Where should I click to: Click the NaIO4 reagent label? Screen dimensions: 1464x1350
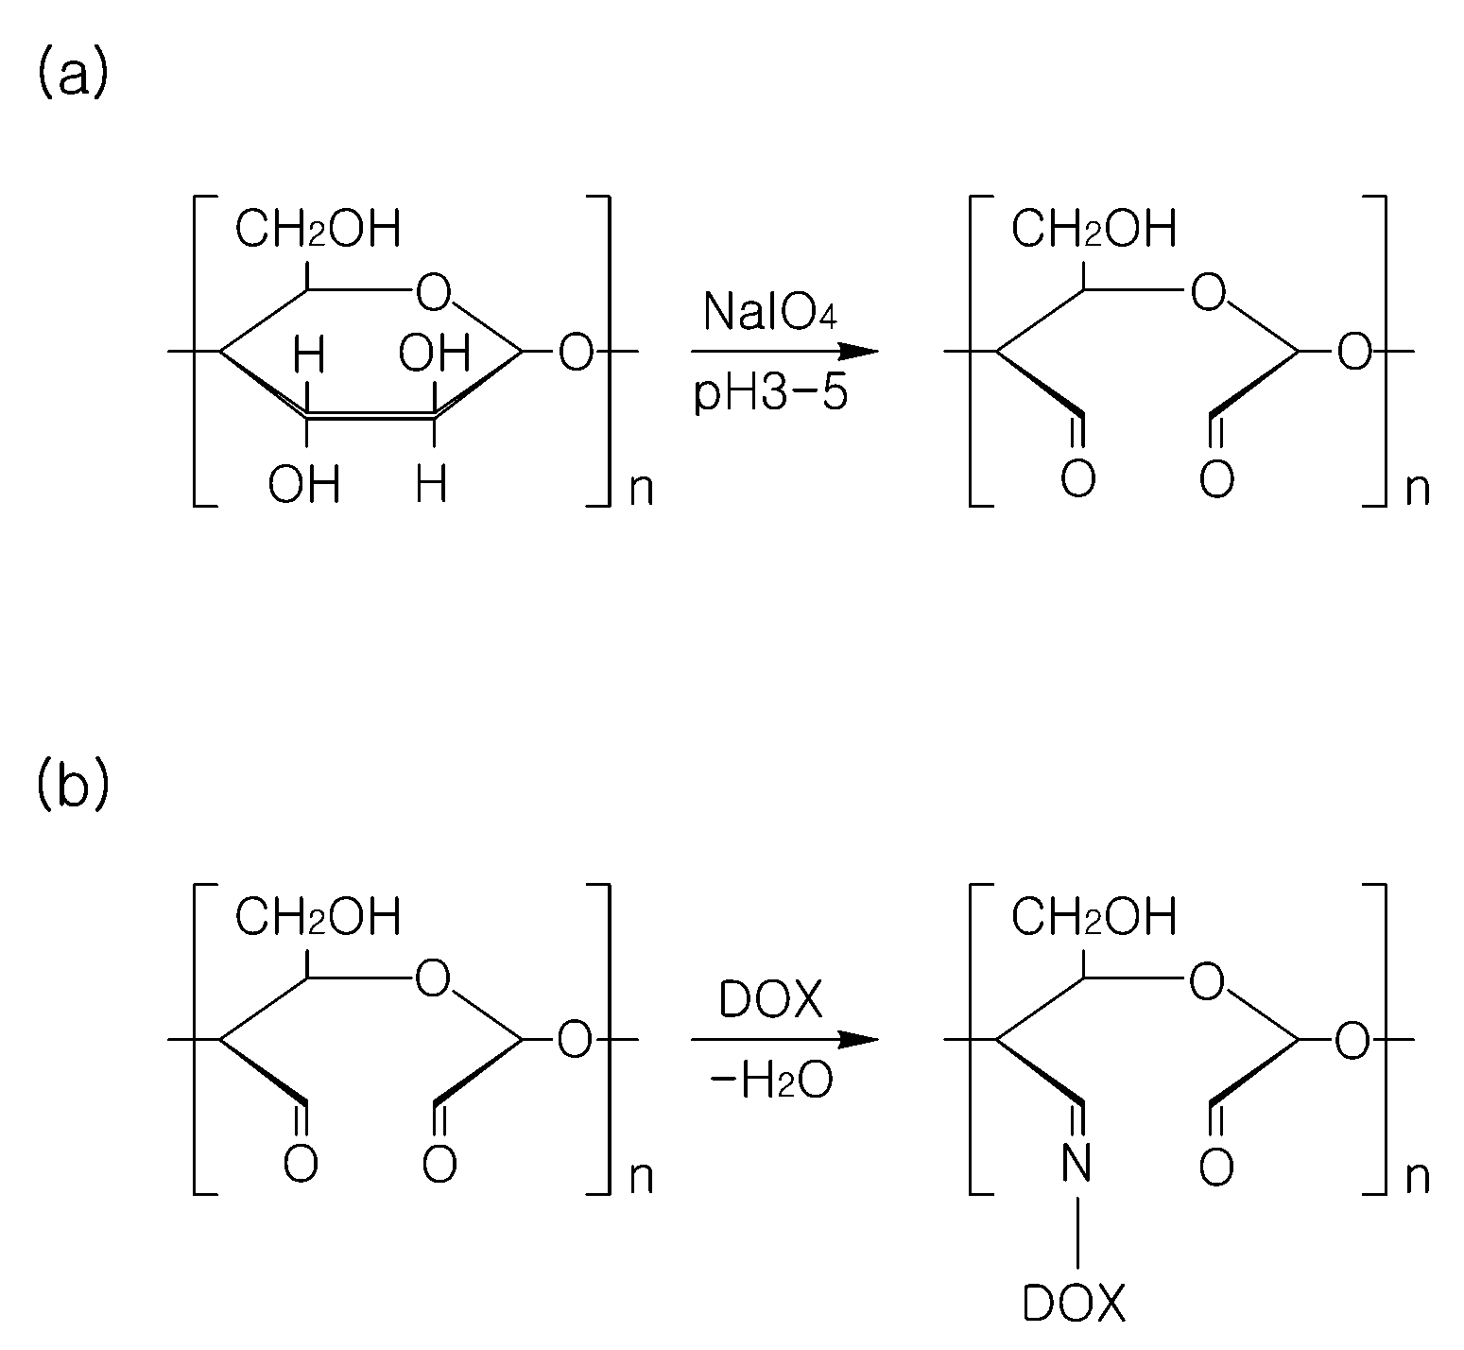click(x=770, y=312)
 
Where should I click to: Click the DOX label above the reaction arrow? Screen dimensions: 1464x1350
click(x=771, y=1000)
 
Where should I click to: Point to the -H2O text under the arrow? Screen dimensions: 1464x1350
click(x=771, y=1082)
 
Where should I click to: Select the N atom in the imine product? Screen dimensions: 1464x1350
click(x=1076, y=1164)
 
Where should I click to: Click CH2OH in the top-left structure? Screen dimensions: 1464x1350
click(x=318, y=229)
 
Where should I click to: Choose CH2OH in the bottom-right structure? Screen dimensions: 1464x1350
click(x=1094, y=916)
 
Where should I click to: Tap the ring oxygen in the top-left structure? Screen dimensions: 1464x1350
click(x=433, y=294)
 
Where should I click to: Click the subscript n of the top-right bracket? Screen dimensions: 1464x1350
click(x=1418, y=490)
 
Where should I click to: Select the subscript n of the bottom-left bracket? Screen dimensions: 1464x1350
click(x=641, y=1178)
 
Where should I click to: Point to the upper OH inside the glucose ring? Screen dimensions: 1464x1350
click(x=434, y=355)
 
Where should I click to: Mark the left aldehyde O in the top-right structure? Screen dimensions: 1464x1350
click(x=1077, y=477)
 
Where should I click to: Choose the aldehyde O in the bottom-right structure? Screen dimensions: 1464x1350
click(x=1216, y=1167)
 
